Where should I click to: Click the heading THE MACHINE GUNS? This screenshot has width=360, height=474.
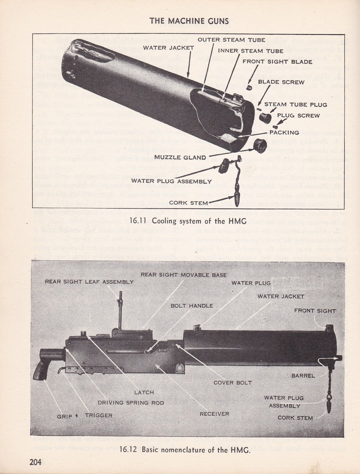click(189, 21)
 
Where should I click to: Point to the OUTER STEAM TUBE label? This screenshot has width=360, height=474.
click(221, 40)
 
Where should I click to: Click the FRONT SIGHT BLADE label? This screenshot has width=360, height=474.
click(277, 62)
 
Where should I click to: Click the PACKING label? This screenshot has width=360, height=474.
click(284, 132)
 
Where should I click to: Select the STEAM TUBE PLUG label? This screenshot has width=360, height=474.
click(296, 105)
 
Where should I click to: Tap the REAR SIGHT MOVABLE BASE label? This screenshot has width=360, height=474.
click(184, 275)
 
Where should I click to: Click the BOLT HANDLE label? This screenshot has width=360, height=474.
click(192, 306)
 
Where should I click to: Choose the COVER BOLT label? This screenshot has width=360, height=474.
click(232, 382)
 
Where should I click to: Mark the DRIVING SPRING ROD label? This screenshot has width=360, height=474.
click(131, 403)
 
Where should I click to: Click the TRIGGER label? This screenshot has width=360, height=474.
click(99, 416)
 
